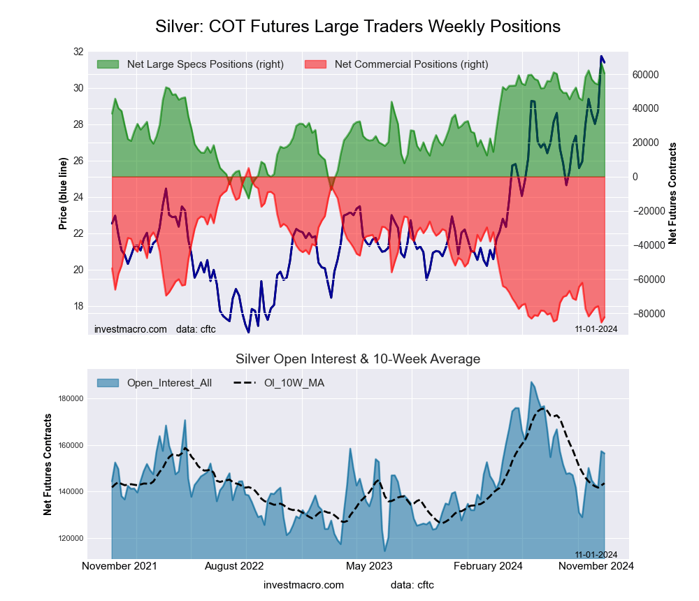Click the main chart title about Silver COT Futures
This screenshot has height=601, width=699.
(x=357, y=27)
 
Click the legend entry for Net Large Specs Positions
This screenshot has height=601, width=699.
(x=205, y=64)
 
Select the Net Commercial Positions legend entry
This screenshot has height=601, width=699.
(x=411, y=64)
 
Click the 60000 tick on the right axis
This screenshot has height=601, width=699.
(x=647, y=75)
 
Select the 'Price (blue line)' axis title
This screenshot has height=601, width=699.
(x=63, y=194)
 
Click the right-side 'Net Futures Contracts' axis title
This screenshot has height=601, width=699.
(x=672, y=193)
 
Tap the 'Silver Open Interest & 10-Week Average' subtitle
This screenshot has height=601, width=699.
(x=358, y=359)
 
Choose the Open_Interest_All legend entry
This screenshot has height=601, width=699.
(x=169, y=383)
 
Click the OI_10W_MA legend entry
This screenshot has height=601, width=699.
(x=294, y=383)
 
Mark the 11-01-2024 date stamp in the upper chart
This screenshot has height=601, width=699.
(x=596, y=328)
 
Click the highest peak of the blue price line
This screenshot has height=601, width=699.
(x=601, y=57)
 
